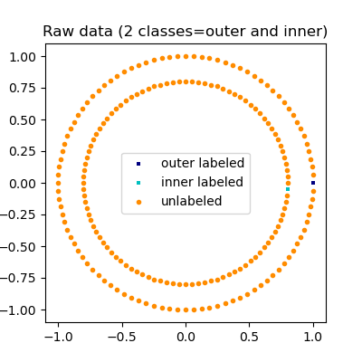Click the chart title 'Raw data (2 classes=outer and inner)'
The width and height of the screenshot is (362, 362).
click(x=186, y=32)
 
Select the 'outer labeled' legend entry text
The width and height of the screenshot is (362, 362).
click(x=202, y=164)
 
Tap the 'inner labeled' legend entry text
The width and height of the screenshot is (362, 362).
click(x=202, y=182)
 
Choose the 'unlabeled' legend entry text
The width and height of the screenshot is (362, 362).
click(x=191, y=201)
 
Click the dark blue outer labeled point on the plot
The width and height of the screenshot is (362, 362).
click(x=313, y=183)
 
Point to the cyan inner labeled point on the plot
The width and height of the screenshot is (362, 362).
click(x=288, y=188)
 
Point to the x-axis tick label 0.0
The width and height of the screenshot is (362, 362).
click(x=186, y=336)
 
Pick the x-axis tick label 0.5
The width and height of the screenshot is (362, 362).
click(x=250, y=336)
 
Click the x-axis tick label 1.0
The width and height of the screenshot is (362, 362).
click(x=313, y=336)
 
